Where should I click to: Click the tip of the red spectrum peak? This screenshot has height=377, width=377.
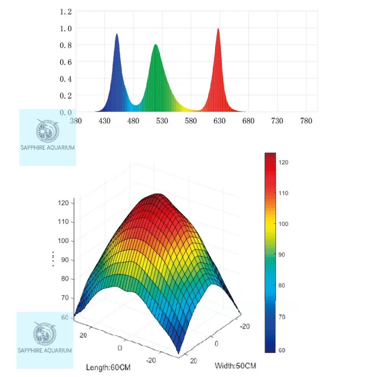218,29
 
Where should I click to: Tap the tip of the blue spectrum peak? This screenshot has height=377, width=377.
117,34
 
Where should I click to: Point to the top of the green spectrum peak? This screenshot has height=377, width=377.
156,45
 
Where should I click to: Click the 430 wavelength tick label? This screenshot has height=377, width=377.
105,121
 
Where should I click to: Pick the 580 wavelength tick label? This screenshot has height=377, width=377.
191,121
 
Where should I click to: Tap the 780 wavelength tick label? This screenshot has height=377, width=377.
306,121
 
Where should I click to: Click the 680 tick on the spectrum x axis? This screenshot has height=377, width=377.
249,121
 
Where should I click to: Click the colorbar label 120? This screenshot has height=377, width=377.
283,162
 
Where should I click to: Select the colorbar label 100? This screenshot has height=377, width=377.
283,224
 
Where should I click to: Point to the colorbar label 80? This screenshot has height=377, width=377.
282,285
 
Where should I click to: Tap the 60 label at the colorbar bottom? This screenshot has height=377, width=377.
282,350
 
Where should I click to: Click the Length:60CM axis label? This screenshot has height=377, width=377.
108,367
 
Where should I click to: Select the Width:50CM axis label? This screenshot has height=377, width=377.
235,366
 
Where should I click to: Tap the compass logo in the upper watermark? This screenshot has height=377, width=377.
47,131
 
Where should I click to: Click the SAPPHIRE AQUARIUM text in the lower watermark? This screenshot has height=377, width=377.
45,350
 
